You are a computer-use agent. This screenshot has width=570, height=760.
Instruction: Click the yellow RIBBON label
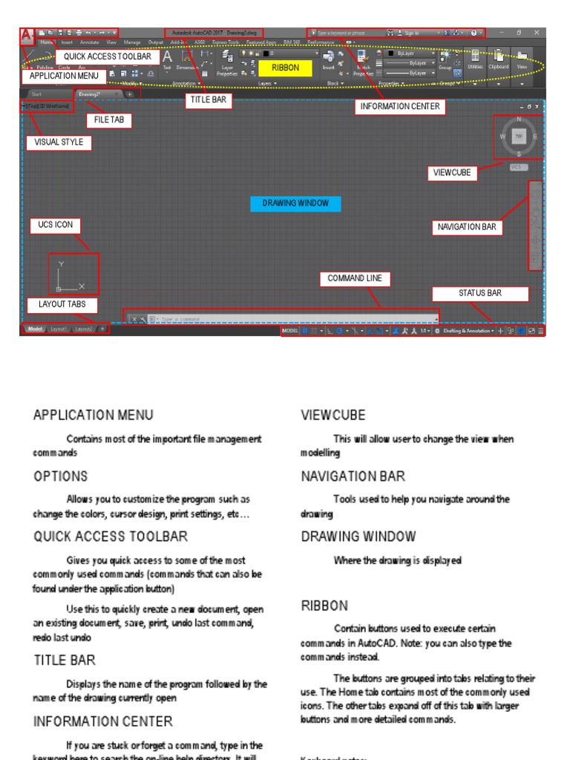284,68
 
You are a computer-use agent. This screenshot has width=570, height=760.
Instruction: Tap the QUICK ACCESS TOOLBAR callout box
107,56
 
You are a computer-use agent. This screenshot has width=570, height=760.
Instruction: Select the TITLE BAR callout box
207,99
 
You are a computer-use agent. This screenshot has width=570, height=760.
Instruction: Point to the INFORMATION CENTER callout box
400,107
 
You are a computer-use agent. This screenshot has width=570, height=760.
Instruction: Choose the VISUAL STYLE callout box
59,142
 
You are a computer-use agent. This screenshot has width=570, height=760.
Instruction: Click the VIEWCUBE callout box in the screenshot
453,173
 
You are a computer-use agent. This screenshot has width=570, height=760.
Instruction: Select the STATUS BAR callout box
479,293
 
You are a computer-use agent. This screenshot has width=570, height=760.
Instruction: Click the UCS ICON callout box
56,225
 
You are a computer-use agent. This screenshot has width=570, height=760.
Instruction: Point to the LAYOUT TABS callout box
58,304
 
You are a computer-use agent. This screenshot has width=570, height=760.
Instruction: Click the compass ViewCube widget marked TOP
519,137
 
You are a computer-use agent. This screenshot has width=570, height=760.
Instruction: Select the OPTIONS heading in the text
61,476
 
